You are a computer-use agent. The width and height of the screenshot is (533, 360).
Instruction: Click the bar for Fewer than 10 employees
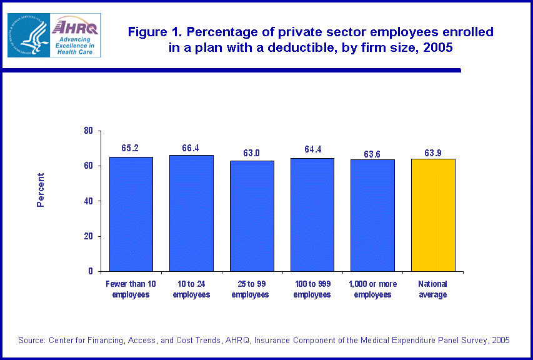[131, 214]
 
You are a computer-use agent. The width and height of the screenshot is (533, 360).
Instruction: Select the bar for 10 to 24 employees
[191, 213]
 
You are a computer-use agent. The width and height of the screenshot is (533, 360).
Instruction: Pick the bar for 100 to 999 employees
[312, 214]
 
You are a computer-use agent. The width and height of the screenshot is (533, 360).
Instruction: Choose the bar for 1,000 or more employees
[372, 215]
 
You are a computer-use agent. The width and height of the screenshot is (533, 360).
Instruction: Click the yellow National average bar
[433, 215]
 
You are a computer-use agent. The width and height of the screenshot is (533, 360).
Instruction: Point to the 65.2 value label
[131, 148]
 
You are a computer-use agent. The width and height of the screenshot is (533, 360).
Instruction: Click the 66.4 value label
[191, 147]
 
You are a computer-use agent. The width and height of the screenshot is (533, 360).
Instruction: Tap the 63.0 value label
[252, 152]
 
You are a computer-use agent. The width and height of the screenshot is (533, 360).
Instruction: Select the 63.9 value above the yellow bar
[433, 151]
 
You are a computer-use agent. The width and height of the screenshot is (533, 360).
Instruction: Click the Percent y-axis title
[41, 190]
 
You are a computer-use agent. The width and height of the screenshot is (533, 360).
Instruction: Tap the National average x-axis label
[433, 289]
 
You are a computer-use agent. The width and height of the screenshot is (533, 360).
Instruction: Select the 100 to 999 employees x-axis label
[312, 289]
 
